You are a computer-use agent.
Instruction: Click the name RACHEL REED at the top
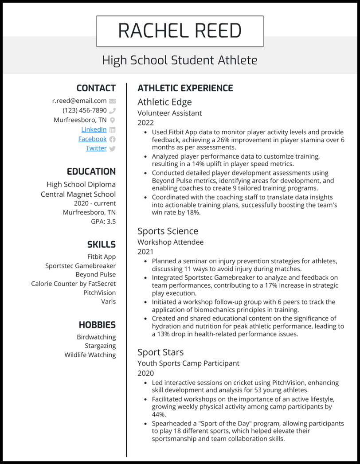180,31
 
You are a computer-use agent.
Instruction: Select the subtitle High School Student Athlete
180,60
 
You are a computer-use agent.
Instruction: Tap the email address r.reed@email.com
79,101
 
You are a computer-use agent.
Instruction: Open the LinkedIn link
94,129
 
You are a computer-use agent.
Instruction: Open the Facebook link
92,139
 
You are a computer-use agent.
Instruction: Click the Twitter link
96,148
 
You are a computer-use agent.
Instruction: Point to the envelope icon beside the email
112,101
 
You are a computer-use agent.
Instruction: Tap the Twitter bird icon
112,148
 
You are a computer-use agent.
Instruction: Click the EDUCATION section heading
91,172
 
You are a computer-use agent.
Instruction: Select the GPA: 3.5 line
103,221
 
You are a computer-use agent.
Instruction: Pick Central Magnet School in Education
78,194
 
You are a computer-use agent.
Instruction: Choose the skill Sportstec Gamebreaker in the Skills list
80,266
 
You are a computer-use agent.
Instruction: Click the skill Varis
108,301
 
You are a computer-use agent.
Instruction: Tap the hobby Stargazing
100,346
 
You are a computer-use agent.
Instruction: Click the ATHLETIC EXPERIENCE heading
185,88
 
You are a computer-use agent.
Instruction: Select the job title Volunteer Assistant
169,113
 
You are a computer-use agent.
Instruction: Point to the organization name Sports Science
168,231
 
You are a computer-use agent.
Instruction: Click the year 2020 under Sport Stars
145,373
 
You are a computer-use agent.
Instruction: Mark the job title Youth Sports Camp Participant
188,363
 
